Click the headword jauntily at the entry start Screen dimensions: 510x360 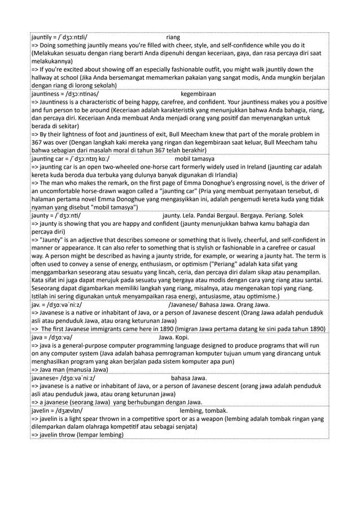pos(42,37)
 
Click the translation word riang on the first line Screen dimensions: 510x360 pos(174,37)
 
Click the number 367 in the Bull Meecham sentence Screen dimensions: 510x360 pos(38,143)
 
